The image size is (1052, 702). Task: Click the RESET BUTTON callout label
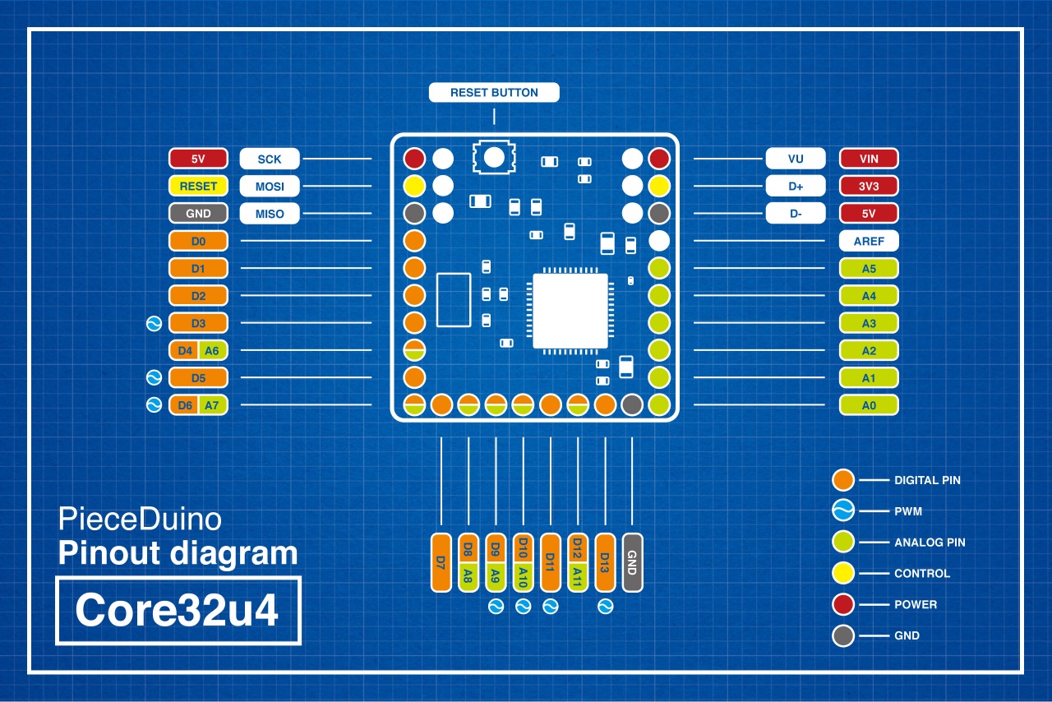click(494, 93)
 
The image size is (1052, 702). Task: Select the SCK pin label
click(270, 159)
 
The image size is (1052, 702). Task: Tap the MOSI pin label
click(270, 187)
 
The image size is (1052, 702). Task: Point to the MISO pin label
click(270, 214)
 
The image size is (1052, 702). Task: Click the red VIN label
click(869, 159)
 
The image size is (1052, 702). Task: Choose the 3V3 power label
click(869, 187)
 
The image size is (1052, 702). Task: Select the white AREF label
click(869, 242)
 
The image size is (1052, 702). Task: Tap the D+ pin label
click(796, 187)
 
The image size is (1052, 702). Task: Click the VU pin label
click(796, 159)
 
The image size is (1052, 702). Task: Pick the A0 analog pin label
click(869, 405)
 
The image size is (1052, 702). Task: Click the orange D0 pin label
click(198, 242)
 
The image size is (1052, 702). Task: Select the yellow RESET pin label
click(198, 187)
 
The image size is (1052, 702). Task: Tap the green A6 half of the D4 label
click(212, 351)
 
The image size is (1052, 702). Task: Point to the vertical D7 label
click(441, 562)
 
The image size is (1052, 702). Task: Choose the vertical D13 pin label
click(606, 562)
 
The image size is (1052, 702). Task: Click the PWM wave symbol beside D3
click(153, 323)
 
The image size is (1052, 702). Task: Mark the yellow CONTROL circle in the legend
click(843, 574)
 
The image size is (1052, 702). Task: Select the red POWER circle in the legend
click(843, 604)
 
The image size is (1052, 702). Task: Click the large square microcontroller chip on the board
click(570, 311)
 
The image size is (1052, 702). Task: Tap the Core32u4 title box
click(178, 611)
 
